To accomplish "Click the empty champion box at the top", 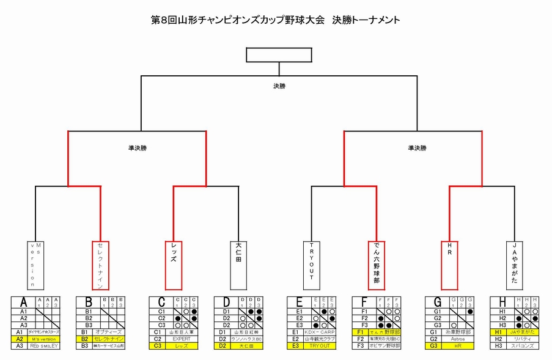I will click(279, 54).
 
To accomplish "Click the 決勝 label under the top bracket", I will click(279, 86).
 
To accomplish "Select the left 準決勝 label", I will click(137, 147).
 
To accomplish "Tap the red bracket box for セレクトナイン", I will click(100, 265).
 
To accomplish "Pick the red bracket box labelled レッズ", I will click(173, 265).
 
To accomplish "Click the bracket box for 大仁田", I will click(238, 265).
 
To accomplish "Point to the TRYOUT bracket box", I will click(311, 265).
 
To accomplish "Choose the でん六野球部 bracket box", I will click(377, 265).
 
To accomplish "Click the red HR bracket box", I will click(449, 265).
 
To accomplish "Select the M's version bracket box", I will click(35, 265).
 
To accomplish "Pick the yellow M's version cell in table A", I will click(44, 339).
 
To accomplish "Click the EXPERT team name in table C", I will click(182, 339).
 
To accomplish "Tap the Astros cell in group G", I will click(458, 339).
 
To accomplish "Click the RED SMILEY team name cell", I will click(44, 346).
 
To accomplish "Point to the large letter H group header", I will click(502, 301).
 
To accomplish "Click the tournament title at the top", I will click(276, 20).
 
